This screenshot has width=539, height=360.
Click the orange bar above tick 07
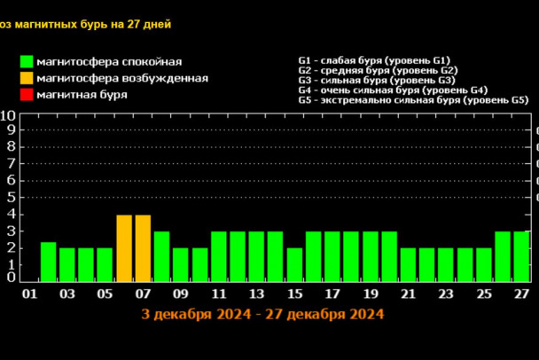[143, 248]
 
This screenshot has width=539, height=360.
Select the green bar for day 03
[67, 264]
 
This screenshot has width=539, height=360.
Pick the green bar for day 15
[295, 264]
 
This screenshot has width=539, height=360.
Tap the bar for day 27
[522, 256]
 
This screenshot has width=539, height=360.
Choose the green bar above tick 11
[219, 256]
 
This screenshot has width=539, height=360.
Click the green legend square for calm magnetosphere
[27, 62]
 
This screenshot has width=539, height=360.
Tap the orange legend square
[27, 78]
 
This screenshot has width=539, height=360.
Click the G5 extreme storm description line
[414, 100]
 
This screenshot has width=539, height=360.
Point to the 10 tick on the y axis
[7, 115]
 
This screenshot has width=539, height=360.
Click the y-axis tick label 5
[11, 197]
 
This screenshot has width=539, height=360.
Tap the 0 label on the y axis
[11, 278]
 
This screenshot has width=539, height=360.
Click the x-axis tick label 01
[29, 294]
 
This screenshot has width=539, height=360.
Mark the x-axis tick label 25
[484, 294]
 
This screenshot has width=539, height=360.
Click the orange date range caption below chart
[262, 314]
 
